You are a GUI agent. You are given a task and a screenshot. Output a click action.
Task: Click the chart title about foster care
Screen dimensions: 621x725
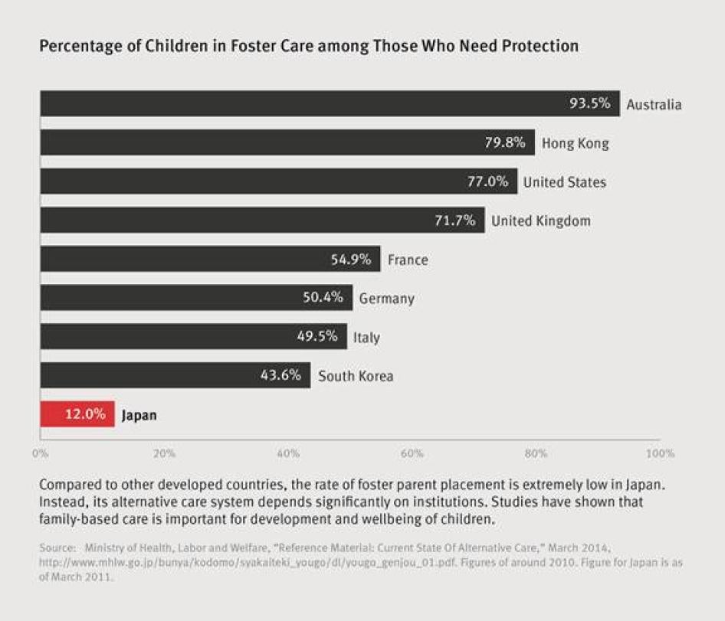pos(309,46)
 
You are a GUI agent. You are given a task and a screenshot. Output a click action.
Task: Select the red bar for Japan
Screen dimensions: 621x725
pos(77,414)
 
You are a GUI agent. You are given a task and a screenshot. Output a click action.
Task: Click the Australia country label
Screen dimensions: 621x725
pos(653,105)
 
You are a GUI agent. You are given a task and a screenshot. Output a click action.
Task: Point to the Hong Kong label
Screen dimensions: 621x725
pos(575,143)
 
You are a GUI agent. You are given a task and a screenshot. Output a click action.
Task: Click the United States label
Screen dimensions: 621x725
pos(564,182)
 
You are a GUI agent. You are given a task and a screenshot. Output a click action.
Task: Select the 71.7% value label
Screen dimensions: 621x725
pos(454,221)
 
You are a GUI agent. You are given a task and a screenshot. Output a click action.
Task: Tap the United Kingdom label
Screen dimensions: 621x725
pos(540,221)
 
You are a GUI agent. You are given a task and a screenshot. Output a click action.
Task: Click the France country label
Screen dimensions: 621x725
pos(408,260)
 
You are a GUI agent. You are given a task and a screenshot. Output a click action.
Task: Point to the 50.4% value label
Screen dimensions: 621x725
pos(323,298)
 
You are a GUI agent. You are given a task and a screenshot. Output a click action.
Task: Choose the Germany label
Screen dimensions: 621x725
pos(386,299)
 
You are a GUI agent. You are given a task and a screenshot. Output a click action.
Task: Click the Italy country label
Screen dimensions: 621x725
pos(366,337)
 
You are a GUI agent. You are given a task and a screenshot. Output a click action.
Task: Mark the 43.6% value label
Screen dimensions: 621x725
pos(280,376)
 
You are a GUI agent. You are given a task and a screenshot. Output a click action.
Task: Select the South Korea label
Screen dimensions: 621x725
pos(356,376)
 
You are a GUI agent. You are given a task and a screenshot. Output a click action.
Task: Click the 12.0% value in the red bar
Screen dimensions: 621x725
pos(84,415)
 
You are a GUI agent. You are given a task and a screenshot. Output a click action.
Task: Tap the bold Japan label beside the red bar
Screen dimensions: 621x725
pos(139,416)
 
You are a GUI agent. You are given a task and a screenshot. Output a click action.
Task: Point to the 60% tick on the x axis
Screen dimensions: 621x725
pos(412,453)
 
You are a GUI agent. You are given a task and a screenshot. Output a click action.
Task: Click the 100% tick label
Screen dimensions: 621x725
pos(660,453)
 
